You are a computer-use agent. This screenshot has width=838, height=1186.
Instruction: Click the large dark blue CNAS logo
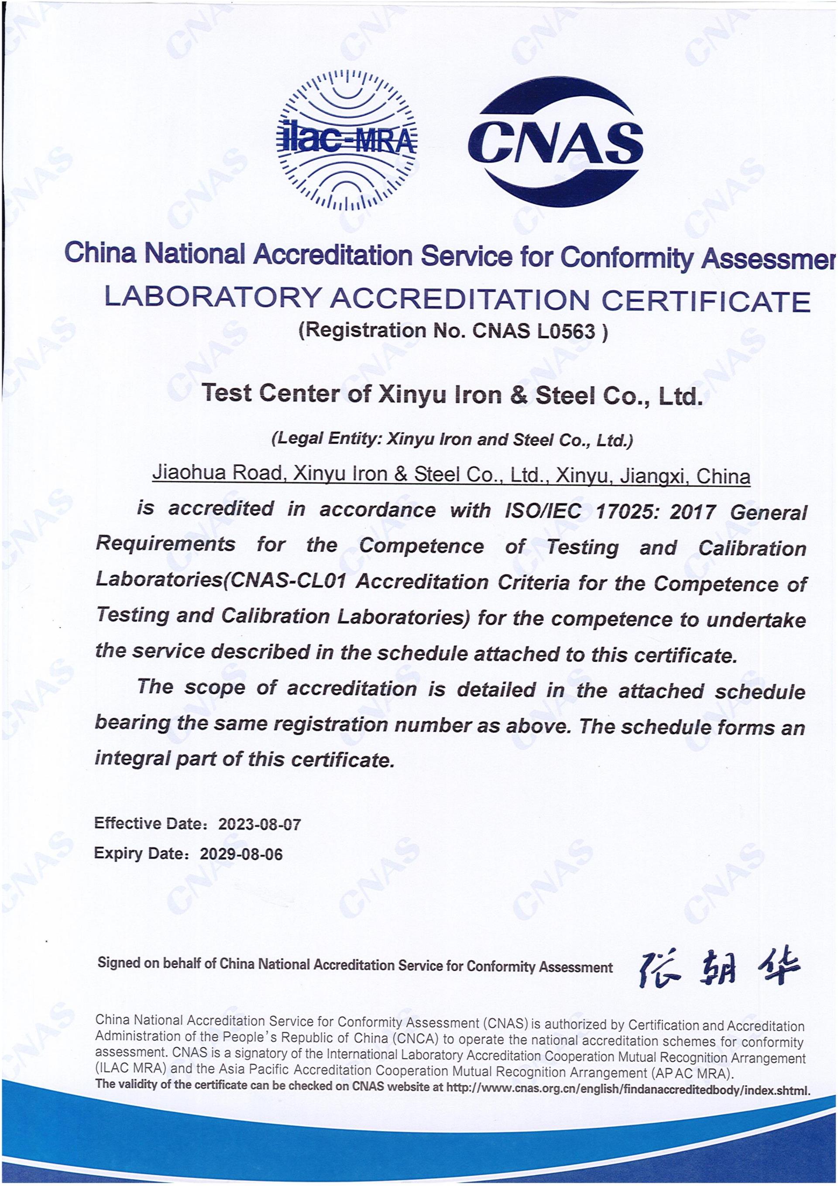click(x=556, y=141)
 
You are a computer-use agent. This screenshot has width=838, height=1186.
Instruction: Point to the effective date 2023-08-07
click(x=259, y=824)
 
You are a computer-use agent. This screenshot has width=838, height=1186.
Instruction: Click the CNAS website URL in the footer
click(x=628, y=1090)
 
